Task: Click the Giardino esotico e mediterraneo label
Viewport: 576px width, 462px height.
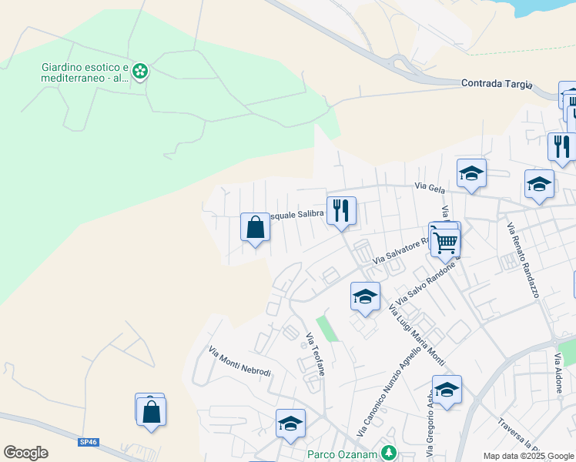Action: pos(85,72)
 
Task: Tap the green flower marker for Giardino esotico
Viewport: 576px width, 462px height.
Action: pos(140,72)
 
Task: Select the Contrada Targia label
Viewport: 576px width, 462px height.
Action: pos(497,83)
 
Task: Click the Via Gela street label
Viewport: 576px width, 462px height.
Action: pos(430,186)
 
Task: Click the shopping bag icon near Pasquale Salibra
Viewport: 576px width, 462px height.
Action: pos(256,228)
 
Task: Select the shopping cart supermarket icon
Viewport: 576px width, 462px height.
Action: pos(445,241)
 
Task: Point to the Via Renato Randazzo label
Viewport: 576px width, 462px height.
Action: pos(521,260)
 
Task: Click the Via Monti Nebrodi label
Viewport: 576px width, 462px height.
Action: pos(239,361)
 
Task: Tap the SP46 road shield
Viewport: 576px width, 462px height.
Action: pos(89,442)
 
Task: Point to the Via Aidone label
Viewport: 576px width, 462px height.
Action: pos(558,373)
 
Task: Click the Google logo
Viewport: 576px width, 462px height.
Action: pos(25,453)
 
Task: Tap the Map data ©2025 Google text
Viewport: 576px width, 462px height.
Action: pos(528,456)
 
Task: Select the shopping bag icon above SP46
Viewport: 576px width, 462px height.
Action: pos(152,412)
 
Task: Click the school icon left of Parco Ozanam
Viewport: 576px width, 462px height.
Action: pos(290,423)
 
